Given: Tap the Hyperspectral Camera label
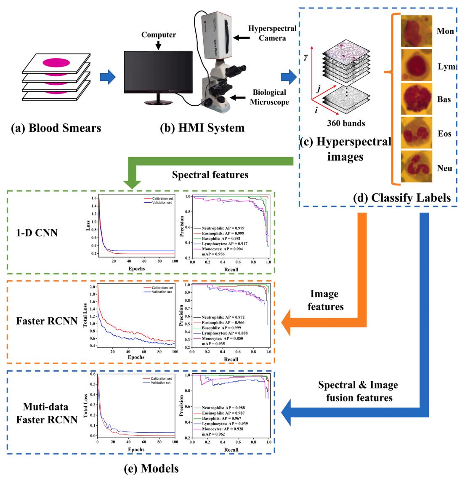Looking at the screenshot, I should coord(272,33).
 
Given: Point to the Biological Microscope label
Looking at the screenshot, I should coord(269,97).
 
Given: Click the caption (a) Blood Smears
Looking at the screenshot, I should coord(56,128).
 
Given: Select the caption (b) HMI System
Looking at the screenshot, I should coord(202,128).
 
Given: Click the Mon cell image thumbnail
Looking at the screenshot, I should coord(417,31).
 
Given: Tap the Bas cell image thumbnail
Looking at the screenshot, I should coord(417,99).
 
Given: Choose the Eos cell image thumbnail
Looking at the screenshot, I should coord(417,133).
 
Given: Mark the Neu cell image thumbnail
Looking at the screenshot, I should coord(417,167).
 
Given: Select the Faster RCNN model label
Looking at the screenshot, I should coord(47,321).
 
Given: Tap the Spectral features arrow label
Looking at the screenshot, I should coord(210,174).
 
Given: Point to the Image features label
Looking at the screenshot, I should coord(325,300).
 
